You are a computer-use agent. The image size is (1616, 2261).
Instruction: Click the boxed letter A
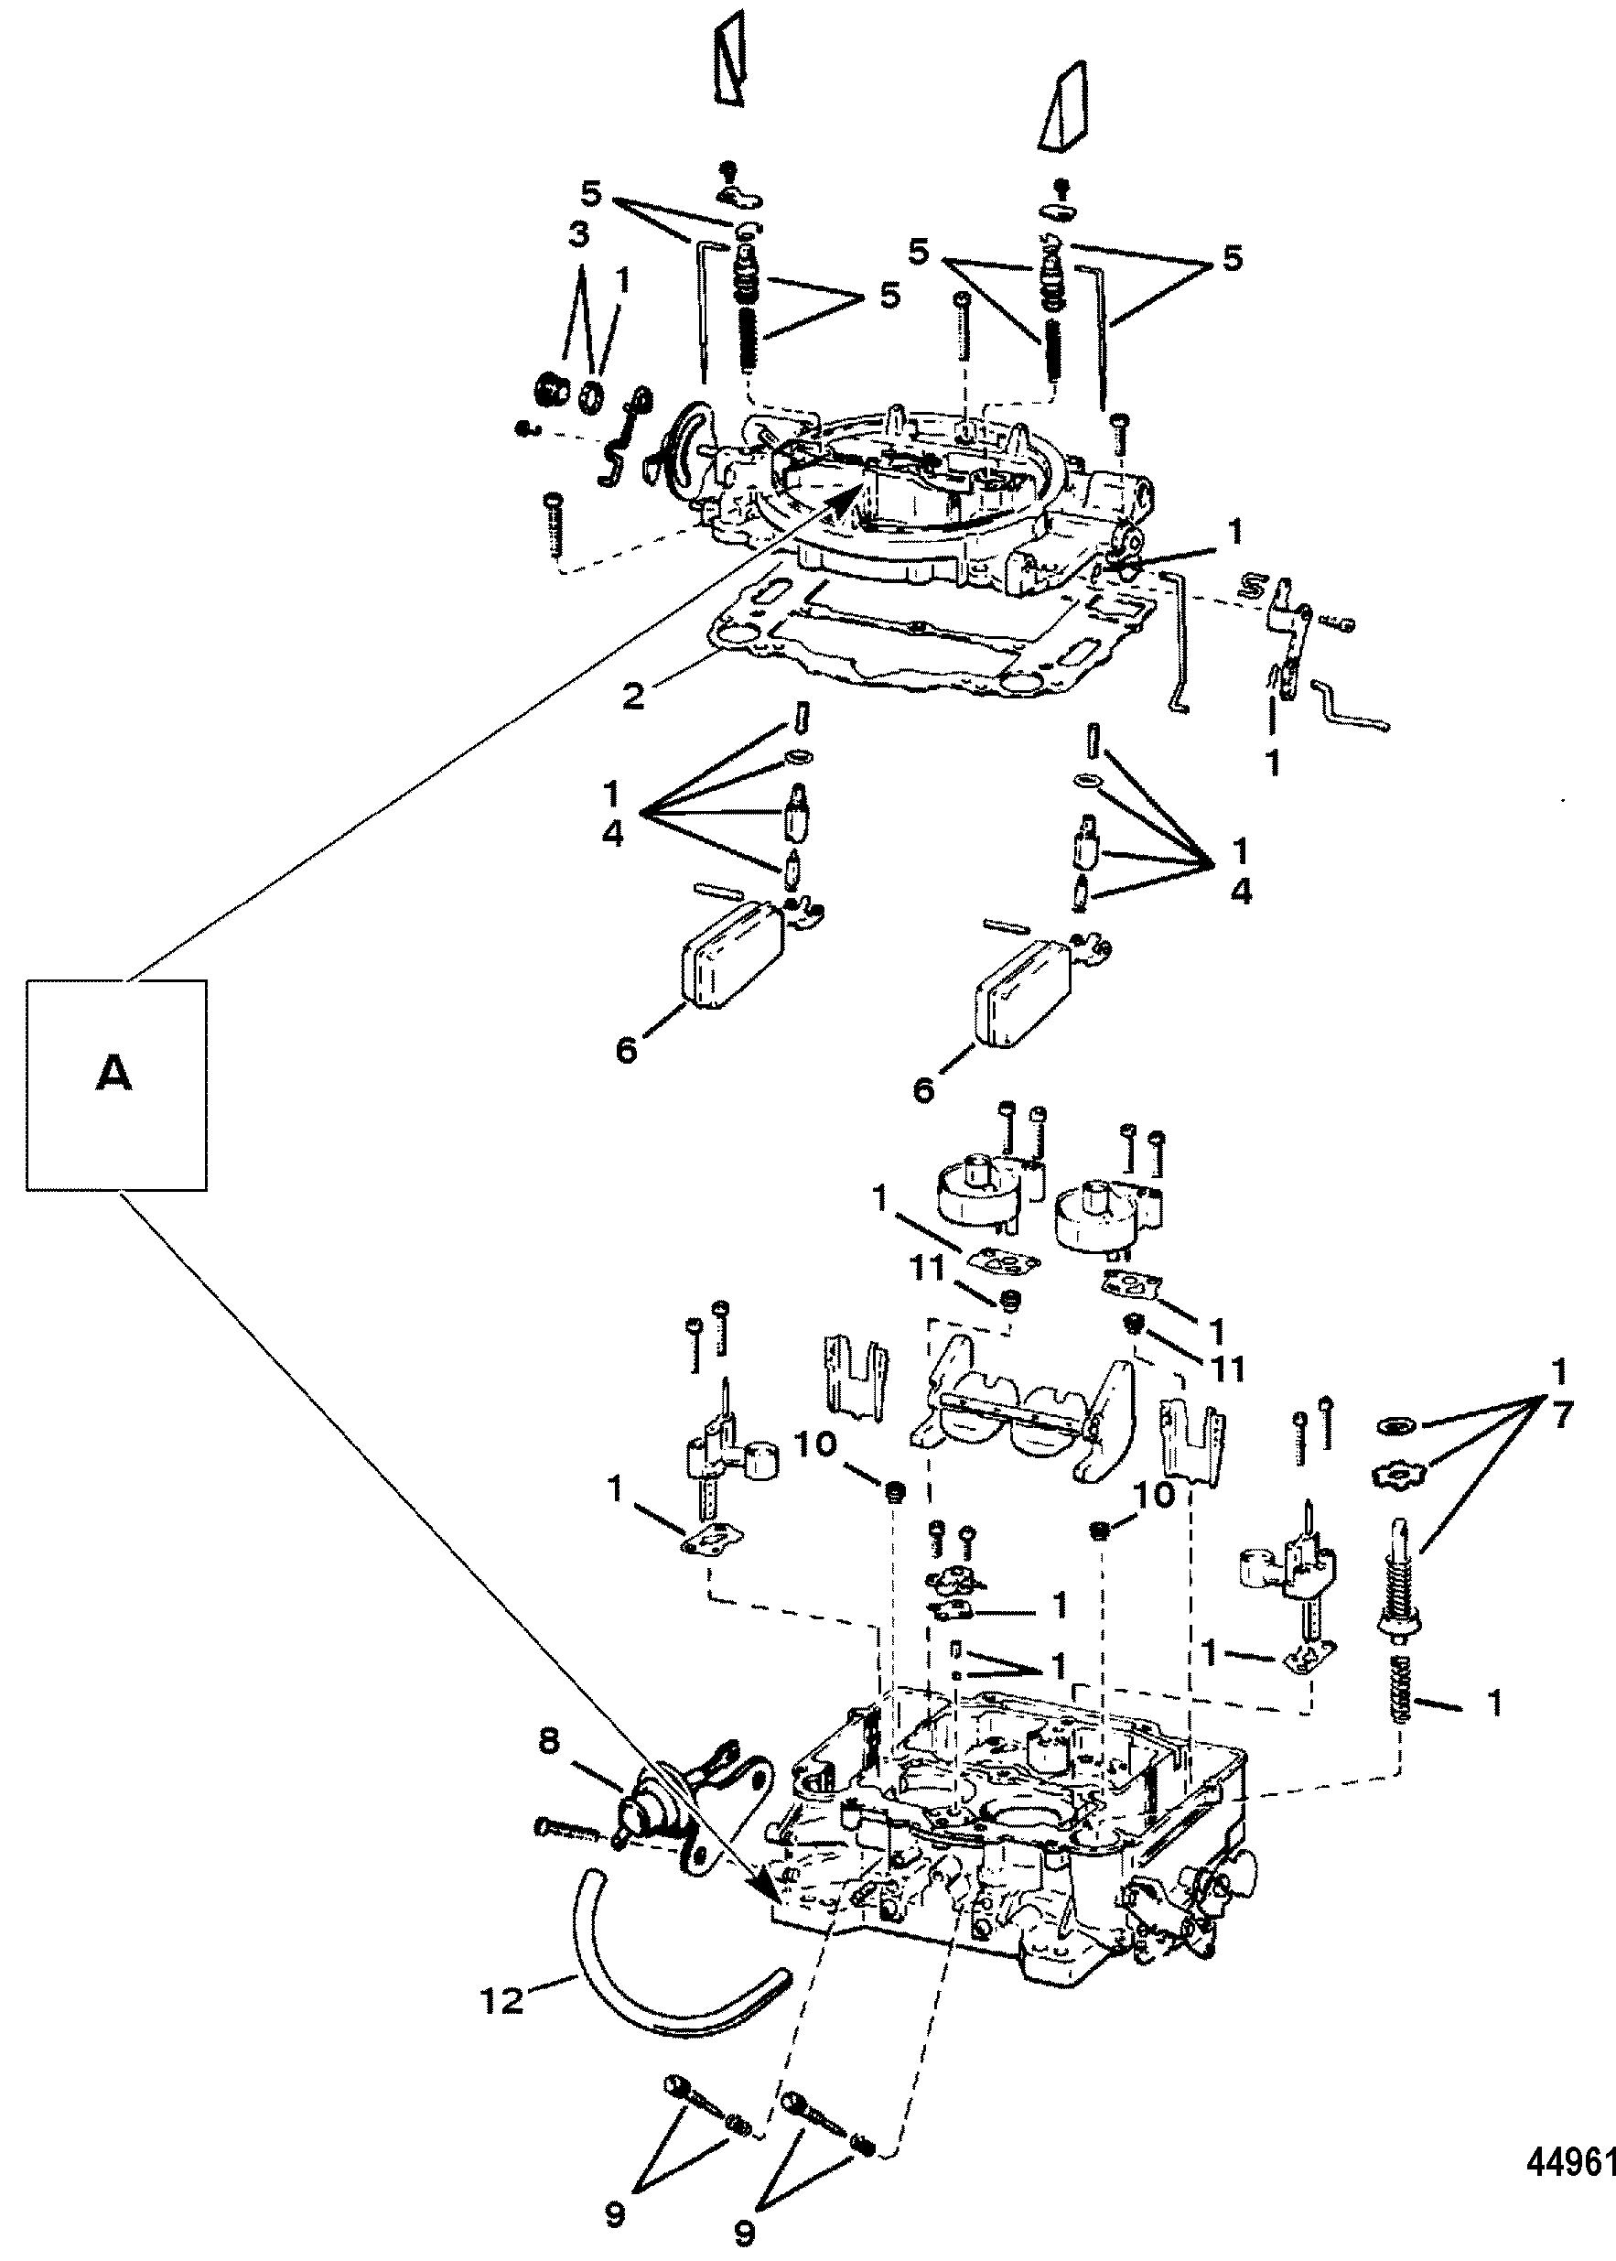(114, 1074)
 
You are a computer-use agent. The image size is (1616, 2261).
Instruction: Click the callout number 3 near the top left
(578, 237)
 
